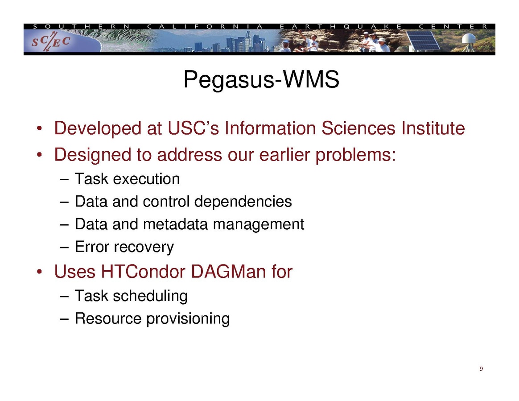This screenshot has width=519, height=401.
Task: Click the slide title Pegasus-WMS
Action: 261,80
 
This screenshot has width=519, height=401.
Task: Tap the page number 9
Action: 481,369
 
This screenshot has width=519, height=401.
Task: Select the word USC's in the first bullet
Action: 194,128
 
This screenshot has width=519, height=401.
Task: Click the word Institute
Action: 433,128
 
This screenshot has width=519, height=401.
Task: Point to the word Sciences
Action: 358,128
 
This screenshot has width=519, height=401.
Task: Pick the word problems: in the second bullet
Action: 355,155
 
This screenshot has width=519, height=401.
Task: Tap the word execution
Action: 146,179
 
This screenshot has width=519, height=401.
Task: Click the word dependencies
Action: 243,202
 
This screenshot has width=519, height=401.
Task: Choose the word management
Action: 259,224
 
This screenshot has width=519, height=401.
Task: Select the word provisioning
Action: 188,319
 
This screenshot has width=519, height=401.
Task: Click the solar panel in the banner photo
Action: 423,41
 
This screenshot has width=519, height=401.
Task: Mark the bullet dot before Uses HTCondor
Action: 39,272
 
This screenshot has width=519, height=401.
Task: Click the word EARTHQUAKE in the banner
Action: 341,26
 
